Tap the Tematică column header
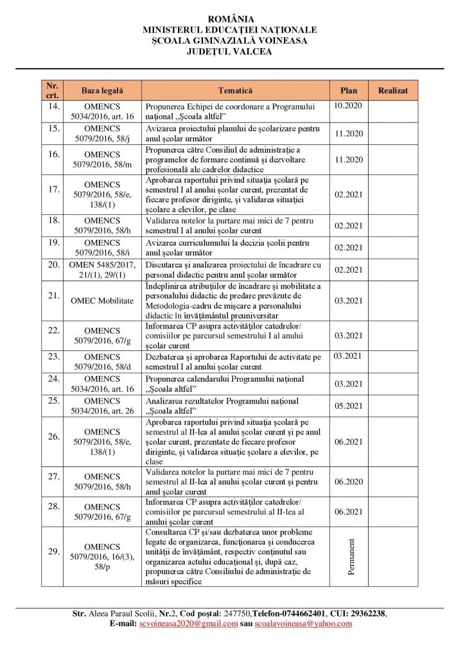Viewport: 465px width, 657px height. pos(235,90)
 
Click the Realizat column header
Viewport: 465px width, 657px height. pos(392,90)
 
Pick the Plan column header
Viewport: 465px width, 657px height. pos(349,90)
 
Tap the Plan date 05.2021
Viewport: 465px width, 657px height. pos(349,405)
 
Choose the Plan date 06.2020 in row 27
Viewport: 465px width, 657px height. pos(349,481)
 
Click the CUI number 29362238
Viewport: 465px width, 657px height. pos(367,613)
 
